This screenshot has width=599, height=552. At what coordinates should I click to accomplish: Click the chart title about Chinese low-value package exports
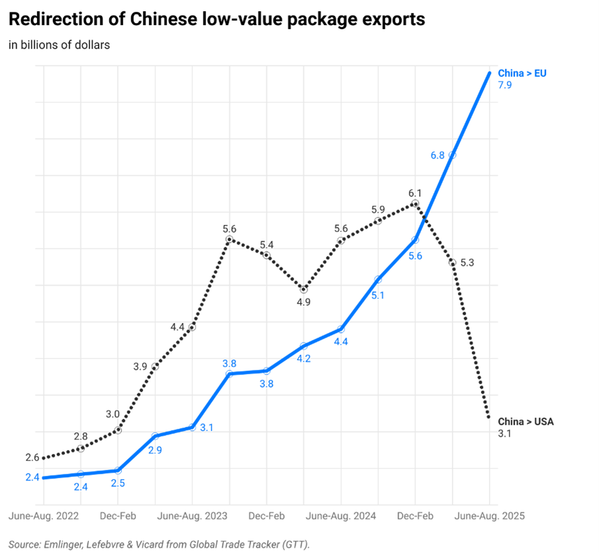coord(217,19)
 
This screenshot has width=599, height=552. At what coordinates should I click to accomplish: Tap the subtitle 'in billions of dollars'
coord(59,45)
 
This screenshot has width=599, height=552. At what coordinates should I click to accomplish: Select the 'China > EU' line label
coord(522,73)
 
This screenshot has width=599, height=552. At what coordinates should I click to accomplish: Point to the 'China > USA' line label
coord(525,421)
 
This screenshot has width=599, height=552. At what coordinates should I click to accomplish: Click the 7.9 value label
coord(505,85)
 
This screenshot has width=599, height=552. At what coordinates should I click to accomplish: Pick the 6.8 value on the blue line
coord(437,155)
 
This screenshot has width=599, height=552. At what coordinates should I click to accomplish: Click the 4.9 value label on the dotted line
coord(304,302)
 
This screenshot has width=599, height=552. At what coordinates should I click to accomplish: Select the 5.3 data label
coord(466,262)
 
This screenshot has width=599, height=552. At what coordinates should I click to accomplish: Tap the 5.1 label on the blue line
coord(378,296)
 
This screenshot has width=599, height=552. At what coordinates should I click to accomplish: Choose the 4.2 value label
coord(304,358)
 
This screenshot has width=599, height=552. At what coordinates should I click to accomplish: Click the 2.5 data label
coord(119,483)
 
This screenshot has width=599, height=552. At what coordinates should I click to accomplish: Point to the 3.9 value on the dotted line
coord(140,366)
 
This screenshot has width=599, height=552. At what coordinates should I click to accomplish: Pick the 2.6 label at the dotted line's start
coord(32,457)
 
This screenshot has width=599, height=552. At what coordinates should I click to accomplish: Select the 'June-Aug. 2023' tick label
coord(192,516)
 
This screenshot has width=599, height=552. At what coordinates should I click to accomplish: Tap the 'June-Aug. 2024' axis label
coord(341,516)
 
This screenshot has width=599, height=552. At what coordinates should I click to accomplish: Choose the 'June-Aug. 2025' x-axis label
coord(490,516)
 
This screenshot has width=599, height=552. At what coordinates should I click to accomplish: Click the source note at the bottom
coord(160,544)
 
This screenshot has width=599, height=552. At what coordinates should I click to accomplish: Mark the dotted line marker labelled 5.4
coord(267,255)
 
